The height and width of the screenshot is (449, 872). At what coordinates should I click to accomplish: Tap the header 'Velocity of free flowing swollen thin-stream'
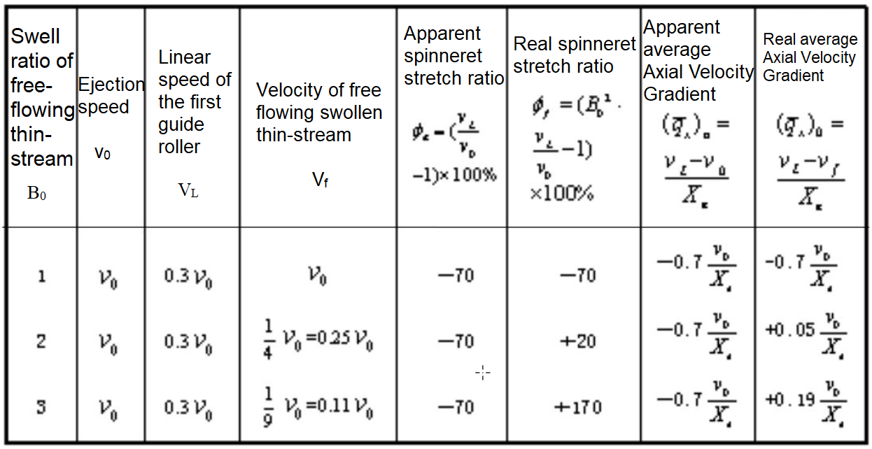coord(318,112)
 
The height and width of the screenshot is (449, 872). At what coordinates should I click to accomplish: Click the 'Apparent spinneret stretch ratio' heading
coord(453,56)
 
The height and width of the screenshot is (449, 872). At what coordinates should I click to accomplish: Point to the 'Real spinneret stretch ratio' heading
coord(563,55)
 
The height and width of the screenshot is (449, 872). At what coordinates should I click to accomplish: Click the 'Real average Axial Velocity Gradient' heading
coord(810,57)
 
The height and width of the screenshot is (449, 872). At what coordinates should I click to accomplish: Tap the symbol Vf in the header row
coord(320,180)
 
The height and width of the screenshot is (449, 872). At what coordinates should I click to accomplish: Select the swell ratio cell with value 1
coord(41,276)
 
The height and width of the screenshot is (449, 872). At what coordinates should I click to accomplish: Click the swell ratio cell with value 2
coord(41,341)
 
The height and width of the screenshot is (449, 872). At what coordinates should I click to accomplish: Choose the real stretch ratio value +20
coord(577,341)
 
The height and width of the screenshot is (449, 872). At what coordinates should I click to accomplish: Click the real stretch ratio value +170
coord(577,406)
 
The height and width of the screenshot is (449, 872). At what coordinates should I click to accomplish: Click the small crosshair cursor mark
coord(483,373)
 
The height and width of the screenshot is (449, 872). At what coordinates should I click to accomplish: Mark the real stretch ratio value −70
coord(577,276)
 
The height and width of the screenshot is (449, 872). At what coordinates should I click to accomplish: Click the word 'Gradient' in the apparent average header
coord(680,94)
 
